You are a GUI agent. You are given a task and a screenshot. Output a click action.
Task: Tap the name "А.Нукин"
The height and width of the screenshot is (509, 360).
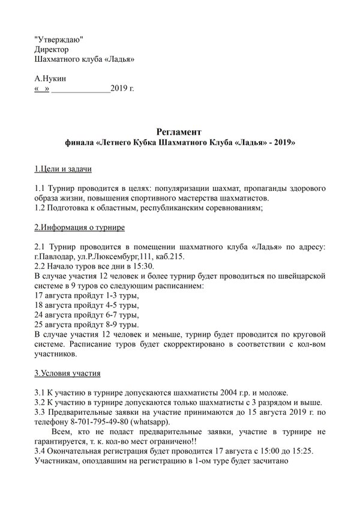[x=51, y=79]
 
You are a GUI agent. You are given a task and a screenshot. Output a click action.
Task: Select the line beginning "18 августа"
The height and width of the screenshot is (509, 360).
[x=87, y=306]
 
